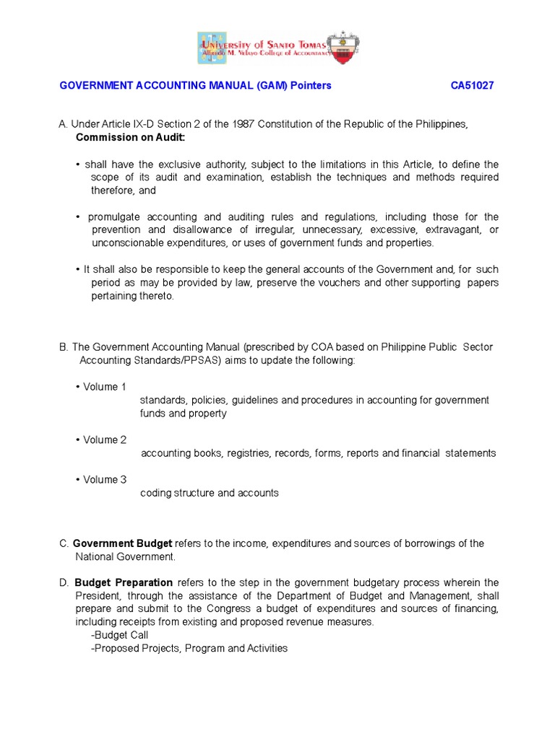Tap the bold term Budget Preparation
click(124, 583)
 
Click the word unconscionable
click(128, 243)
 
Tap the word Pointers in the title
click(311, 85)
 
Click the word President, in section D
click(100, 596)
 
